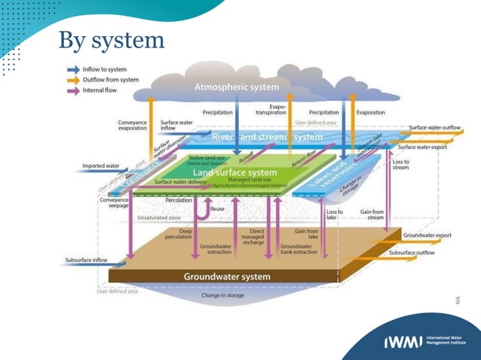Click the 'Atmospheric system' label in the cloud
236,87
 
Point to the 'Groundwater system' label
226,276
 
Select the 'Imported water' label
100,166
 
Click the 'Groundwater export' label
427,235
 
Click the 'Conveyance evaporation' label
132,126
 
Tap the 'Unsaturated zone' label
157,217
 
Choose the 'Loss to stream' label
401,164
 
